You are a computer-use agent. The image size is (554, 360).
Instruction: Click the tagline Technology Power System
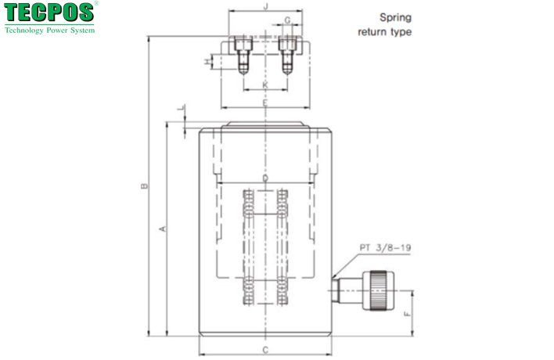point(50,31)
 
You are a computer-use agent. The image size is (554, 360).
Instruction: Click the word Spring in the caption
point(395,16)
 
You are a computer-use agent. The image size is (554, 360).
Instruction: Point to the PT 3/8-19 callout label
point(385,248)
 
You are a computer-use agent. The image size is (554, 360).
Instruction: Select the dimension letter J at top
point(266,7)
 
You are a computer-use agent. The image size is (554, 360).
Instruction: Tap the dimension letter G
point(288,20)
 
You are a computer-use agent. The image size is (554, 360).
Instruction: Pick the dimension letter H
point(207,61)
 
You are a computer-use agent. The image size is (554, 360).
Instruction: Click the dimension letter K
point(265,84)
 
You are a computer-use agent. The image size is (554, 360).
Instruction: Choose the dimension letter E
point(265,103)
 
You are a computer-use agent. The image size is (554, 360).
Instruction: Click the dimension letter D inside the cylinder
point(265,179)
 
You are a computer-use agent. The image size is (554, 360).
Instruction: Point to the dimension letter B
point(142,186)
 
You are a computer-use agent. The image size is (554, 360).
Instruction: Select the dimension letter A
point(162,229)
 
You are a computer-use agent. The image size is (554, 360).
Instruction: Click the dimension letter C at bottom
point(265,349)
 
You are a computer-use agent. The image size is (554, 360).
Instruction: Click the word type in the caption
point(399,32)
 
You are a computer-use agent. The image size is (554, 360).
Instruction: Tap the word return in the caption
point(372,32)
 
